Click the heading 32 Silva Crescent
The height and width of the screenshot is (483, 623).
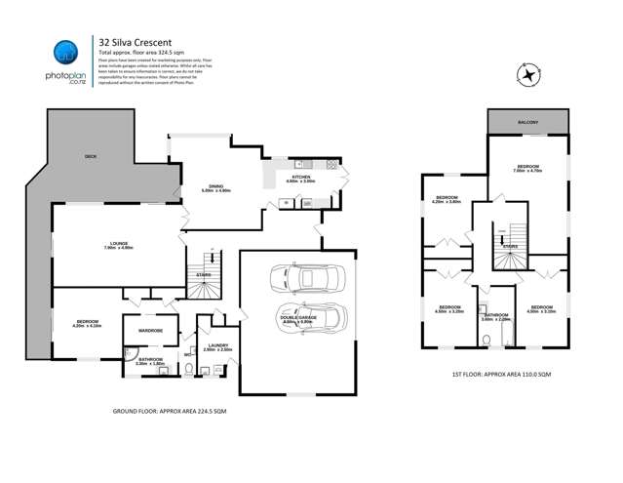[x=134, y=41]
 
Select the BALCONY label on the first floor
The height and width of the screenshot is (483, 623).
[x=527, y=122]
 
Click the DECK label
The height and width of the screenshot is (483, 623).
[x=90, y=155]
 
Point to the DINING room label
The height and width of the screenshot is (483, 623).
[x=216, y=187]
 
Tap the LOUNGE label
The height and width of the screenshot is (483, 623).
[x=118, y=245]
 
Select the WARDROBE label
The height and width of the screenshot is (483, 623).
[x=150, y=330]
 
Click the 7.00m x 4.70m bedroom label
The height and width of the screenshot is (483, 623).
[x=527, y=168]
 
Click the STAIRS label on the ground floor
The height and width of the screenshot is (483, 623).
[x=204, y=275]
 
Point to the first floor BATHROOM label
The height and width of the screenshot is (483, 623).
[x=496, y=315]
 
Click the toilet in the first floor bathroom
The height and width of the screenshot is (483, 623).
[x=485, y=341]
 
